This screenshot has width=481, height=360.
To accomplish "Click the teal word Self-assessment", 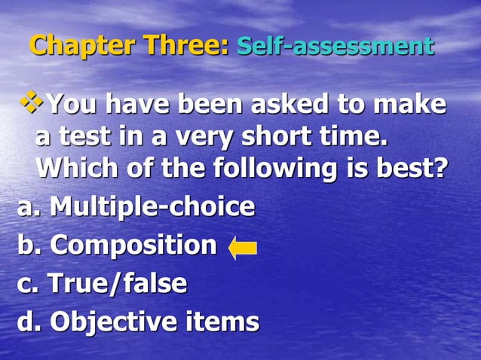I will [x=335, y=47].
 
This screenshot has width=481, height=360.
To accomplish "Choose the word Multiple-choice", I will [x=152, y=206].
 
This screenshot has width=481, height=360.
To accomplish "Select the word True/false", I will [x=117, y=283].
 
